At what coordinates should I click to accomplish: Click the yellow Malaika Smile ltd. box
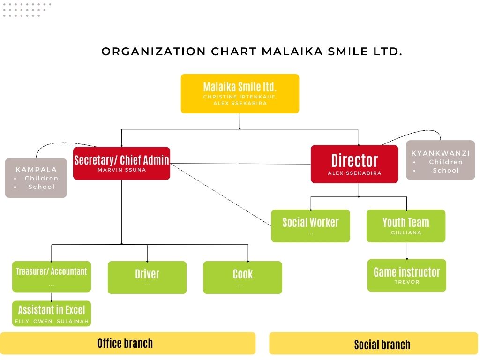(240, 94)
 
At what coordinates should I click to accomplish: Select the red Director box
(354, 165)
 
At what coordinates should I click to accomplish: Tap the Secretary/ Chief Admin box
(121, 164)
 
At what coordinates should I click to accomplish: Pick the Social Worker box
(310, 226)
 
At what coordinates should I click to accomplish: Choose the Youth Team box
(406, 226)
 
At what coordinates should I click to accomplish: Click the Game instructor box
(407, 275)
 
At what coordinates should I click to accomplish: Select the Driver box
(147, 277)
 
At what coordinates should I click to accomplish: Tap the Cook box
(242, 277)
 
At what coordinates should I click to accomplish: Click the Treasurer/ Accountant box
(52, 277)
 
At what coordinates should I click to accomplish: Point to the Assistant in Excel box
(52, 314)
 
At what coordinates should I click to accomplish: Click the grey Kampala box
(36, 178)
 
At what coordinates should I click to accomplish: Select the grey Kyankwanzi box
(441, 160)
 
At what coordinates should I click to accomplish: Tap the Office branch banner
(127, 344)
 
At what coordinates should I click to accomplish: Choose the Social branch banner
(374, 344)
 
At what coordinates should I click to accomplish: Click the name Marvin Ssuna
(122, 170)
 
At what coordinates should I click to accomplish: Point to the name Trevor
(407, 282)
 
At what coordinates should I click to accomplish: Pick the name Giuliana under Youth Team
(406, 232)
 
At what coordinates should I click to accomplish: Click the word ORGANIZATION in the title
(154, 52)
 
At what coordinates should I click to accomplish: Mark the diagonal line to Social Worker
(221, 195)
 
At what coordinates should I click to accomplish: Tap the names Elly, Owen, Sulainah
(52, 321)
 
